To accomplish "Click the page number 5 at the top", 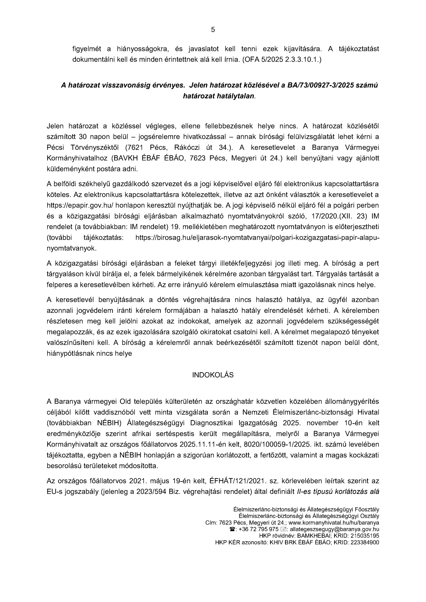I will tap(213, 30).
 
